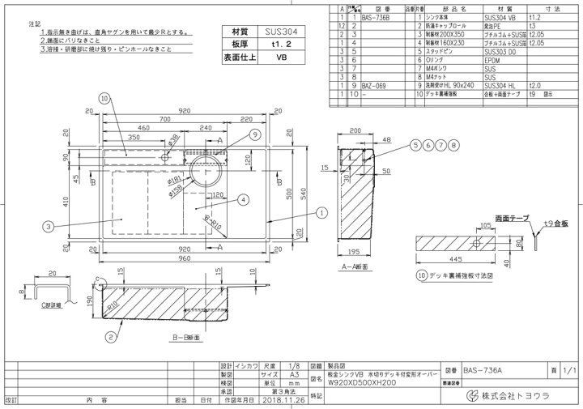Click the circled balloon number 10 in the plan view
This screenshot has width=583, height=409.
coord(105,98)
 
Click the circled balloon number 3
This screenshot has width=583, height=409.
coord(50,226)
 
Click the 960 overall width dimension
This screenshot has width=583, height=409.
coord(185,258)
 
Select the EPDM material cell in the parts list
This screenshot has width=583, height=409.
coord(492,60)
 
